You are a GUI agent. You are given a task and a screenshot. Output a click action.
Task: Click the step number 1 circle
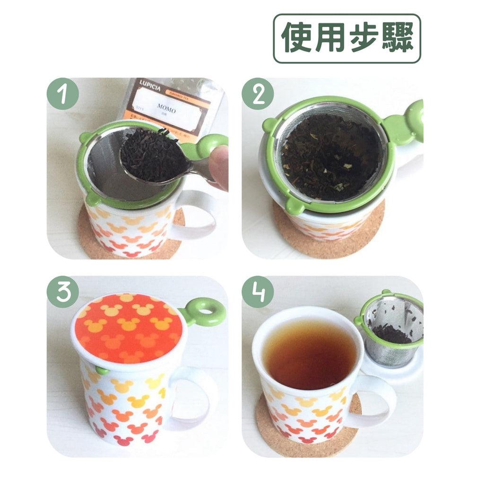(x=62, y=94)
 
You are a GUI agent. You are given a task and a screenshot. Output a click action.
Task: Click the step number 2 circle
(x=258, y=94)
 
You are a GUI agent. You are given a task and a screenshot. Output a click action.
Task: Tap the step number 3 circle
(x=62, y=292)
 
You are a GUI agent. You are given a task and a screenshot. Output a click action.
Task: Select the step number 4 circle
(x=258, y=292)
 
